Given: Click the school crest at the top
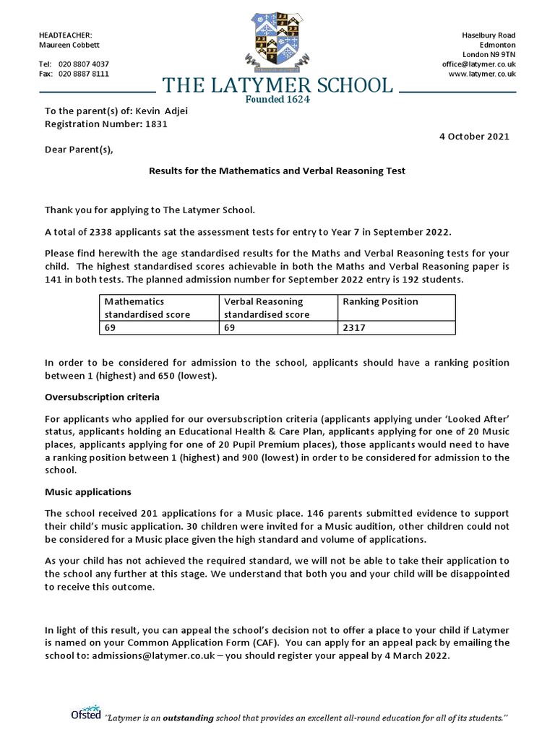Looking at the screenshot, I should (277, 40).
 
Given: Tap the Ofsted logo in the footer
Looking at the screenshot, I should (85, 715).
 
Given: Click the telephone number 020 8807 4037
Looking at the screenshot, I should (84, 64).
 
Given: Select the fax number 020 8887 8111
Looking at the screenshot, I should (84, 74).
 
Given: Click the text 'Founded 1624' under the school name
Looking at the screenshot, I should (277, 100).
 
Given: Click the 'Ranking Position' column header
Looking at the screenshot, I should (379, 301).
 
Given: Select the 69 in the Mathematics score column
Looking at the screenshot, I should (110, 327).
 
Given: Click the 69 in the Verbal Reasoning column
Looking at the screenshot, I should (230, 327).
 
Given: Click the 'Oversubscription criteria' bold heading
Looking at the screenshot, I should (102, 397).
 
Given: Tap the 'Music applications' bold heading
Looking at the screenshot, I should (87, 491).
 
